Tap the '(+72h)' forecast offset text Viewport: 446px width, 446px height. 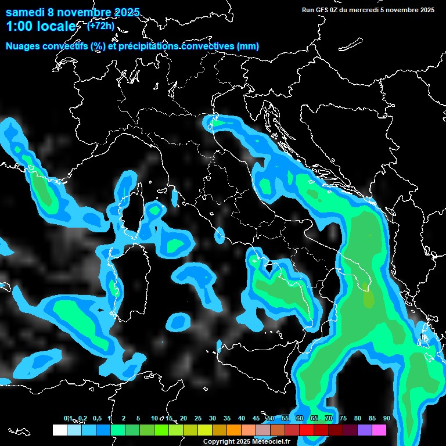click(x=100, y=26)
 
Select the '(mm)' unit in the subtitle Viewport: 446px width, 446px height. click(x=248, y=46)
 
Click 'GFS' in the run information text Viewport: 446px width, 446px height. click(x=323, y=10)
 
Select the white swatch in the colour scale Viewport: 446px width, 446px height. click(x=59, y=430)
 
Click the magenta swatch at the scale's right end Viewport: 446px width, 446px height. click(x=379, y=430)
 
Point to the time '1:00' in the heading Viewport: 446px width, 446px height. click(x=20, y=27)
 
